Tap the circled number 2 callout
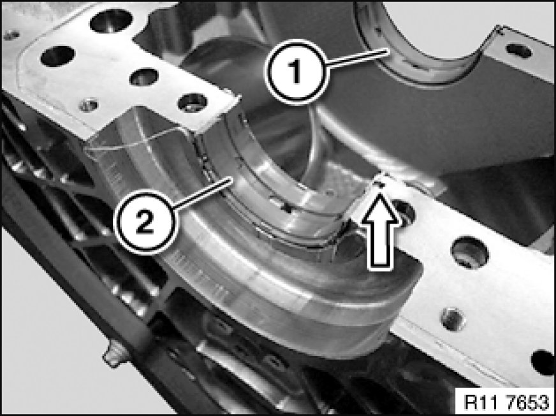click(144, 222)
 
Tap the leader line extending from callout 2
click(203, 193)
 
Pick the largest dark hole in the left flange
click(111, 20)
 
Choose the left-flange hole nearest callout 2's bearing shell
click(192, 103)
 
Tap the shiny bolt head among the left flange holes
click(88, 105)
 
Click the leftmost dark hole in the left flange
click(57, 56)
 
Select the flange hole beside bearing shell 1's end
click(519, 50)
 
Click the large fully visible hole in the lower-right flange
click(469, 252)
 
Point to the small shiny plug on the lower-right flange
click(453, 320)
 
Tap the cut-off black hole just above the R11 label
click(543, 362)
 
